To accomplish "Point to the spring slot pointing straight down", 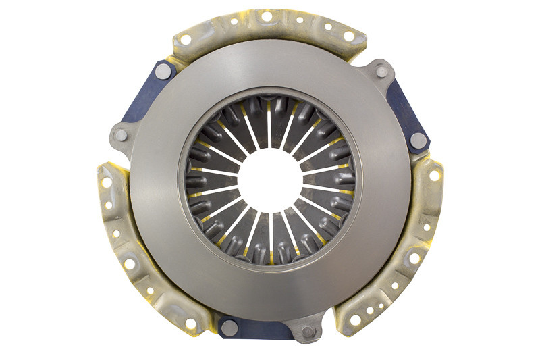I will click(x=270, y=233).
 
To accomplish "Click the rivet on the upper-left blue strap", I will click(x=163, y=70).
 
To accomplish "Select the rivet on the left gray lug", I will click(x=121, y=135).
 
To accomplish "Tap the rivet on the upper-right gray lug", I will click(x=382, y=70).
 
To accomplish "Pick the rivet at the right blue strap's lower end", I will click(x=418, y=140).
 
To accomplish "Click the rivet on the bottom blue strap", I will click(x=230, y=328).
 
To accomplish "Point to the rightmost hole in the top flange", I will click(x=349, y=36).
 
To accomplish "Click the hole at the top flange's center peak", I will click(x=267, y=16).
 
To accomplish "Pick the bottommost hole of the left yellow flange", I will click(x=191, y=324).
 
